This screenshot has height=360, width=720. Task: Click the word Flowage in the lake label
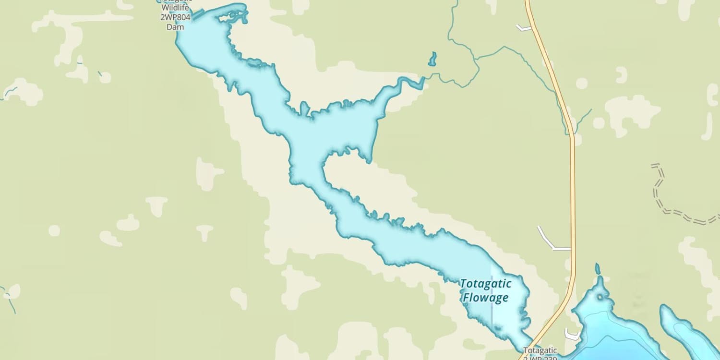coord(485,298)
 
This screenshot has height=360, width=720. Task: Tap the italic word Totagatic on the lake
coord(486,283)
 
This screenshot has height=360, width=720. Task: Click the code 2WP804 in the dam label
coord(175,18)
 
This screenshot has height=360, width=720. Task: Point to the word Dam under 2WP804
coord(175,27)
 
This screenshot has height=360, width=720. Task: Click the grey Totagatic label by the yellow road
coord(540,350)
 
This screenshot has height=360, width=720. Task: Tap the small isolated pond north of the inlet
coord(432,59)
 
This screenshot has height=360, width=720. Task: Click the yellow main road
coord(572,192)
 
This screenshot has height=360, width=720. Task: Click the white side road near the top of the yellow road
coord(523,28)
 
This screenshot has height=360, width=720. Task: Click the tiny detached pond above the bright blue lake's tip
coord(598,268)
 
